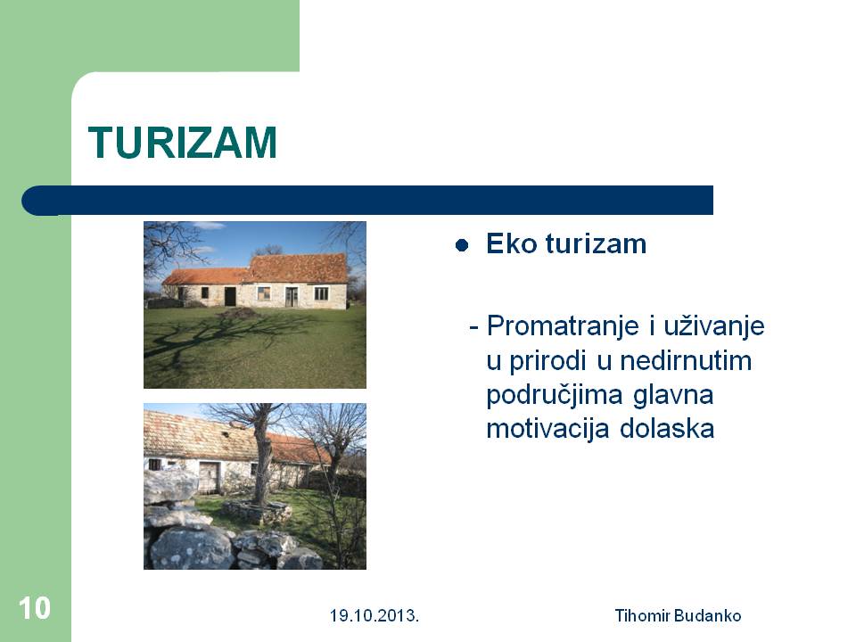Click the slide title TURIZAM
[x=182, y=143]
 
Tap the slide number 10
[x=35, y=608]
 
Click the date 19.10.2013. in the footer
[x=374, y=616]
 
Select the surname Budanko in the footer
[x=707, y=616]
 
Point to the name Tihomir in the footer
[x=643, y=616]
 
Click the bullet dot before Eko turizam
[x=462, y=245]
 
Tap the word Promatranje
[x=563, y=326]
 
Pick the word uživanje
[x=714, y=327]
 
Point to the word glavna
[x=673, y=396]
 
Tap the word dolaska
[x=667, y=429]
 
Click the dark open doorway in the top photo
[x=230, y=296]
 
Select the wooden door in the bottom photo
[x=209, y=477]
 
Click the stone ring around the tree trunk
[x=257, y=512]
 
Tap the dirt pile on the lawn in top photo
[x=238, y=313]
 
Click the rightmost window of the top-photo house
[x=321, y=293]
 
